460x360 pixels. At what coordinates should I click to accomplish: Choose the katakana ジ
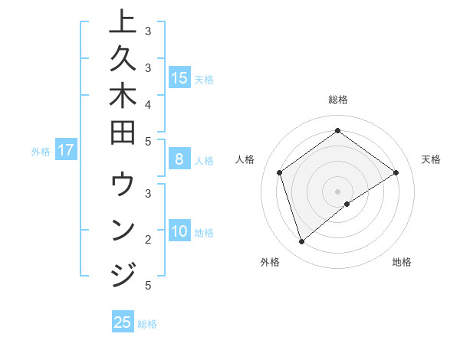click(123, 273)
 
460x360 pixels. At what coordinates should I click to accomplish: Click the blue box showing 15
click(179, 77)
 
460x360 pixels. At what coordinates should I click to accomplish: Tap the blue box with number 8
click(179, 160)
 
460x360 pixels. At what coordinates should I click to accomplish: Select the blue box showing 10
click(179, 231)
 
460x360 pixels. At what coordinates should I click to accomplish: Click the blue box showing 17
click(66, 151)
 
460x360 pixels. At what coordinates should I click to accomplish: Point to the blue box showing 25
click(123, 322)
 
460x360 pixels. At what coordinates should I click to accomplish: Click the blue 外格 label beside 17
click(41, 152)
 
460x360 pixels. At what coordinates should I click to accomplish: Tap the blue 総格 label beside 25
click(147, 324)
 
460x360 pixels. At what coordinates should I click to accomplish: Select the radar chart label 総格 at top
click(337, 100)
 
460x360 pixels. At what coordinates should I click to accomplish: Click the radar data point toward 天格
click(396, 172)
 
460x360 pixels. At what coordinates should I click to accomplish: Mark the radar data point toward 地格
click(347, 204)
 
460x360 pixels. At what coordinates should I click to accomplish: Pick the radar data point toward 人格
click(279, 172)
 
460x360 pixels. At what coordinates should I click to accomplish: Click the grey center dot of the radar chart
click(337, 191)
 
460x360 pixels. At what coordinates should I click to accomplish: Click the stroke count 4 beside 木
click(147, 103)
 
